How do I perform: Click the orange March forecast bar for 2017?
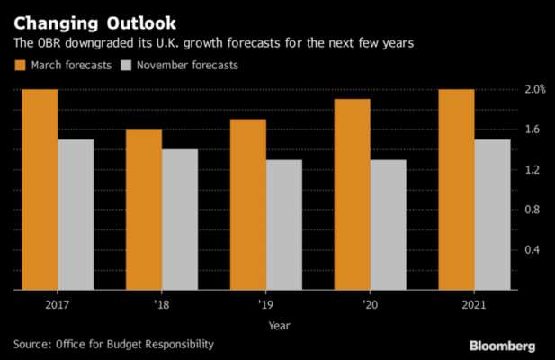pyautogui.click(x=40, y=190)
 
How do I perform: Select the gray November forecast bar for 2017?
pyautogui.click(x=76, y=215)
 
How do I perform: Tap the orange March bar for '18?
pyautogui.click(x=144, y=210)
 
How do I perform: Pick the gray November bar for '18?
pyautogui.click(x=180, y=220)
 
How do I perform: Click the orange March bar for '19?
pyautogui.click(x=248, y=205)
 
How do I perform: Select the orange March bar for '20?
pyautogui.click(x=353, y=194)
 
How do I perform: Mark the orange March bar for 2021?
pyautogui.click(x=457, y=190)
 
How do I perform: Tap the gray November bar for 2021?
pyautogui.click(x=493, y=215)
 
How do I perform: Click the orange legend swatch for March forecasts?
pyautogui.click(x=20, y=65)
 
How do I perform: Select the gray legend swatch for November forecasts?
pyautogui.click(x=128, y=65)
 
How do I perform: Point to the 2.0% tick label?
pyautogui.click(x=535, y=89)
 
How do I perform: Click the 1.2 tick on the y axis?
pyautogui.click(x=533, y=169)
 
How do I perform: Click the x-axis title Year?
pyautogui.click(x=277, y=325)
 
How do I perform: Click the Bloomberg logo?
pyautogui.click(x=502, y=346)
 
